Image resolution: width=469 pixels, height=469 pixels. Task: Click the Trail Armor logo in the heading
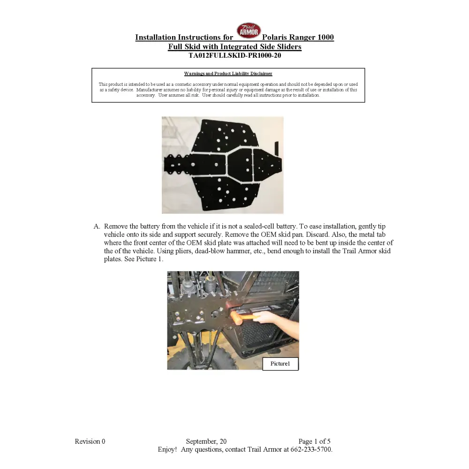point(249,31)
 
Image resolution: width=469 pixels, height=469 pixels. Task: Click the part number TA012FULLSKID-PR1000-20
point(234,55)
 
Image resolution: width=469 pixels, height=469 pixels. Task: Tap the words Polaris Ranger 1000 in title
point(298,38)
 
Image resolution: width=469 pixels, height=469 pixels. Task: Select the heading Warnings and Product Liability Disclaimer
point(228,74)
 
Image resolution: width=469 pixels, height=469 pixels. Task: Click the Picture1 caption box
point(280,364)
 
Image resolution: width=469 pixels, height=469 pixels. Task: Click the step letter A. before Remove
point(97,227)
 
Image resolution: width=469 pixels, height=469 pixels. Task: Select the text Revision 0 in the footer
point(90,441)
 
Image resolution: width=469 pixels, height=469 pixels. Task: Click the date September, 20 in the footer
point(206,441)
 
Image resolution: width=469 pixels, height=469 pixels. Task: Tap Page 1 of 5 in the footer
point(314,441)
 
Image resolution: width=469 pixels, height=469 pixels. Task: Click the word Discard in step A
point(281,234)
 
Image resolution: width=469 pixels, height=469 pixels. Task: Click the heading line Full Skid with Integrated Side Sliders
point(234,47)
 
